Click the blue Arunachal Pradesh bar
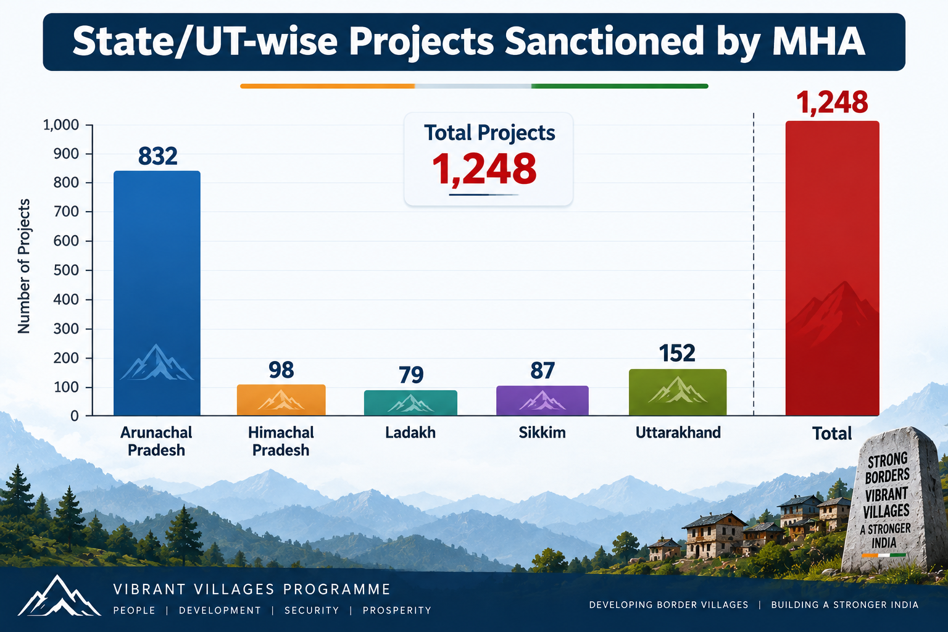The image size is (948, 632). coord(157,293)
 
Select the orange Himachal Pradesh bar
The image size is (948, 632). coord(281,399)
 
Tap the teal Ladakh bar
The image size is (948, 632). coord(410,402)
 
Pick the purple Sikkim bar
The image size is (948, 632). coord(542,401)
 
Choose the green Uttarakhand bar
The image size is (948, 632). coord(678,392)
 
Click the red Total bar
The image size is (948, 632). coord(833,268)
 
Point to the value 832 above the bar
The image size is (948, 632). coord(157,156)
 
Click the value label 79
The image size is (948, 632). coord(411,375)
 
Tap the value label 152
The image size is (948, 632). coord(677,353)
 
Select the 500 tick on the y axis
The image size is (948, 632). coord(66,270)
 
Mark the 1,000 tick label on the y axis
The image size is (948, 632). coord(61,125)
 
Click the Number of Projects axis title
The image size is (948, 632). coord(24,266)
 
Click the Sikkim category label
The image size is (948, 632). coord(542,433)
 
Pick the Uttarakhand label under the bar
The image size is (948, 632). coord(678,433)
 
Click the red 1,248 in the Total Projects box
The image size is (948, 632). coord(484,169)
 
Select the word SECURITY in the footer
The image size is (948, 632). coord(312,610)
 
